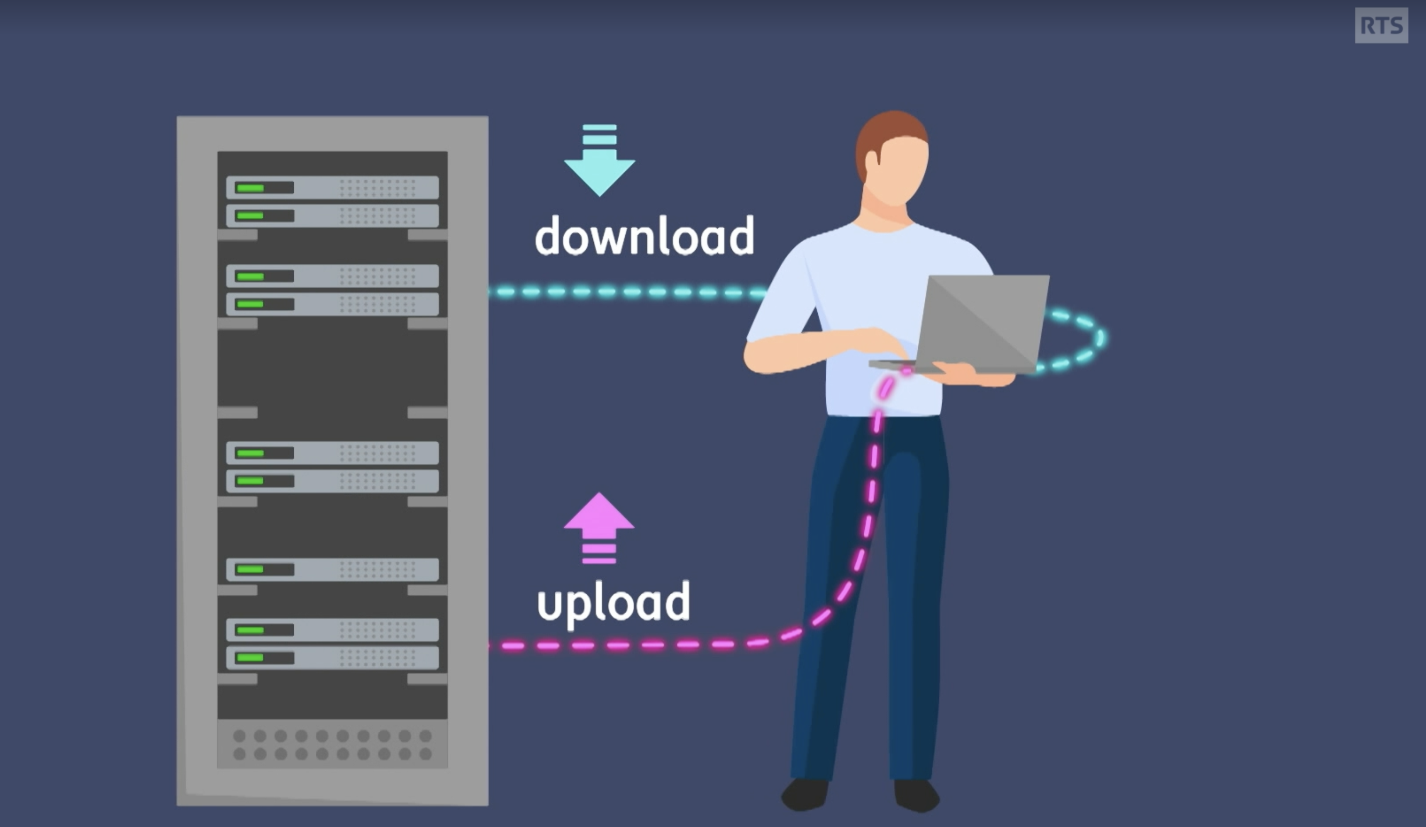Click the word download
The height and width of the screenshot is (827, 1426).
click(644, 235)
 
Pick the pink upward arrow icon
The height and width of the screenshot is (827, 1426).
click(599, 528)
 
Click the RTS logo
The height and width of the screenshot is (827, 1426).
click(1381, 25)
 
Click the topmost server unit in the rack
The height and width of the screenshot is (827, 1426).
click(332, 187)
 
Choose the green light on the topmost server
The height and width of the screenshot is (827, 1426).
click(250, 188)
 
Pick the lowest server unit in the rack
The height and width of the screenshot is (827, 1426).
click(332, 658)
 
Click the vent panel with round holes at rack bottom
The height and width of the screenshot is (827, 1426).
click(332, 744)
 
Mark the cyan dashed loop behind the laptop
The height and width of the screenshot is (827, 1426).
click(1075, 339)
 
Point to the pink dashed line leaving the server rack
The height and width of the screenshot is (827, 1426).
click(645, 645)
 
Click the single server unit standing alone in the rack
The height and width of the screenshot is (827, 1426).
click(332, 569)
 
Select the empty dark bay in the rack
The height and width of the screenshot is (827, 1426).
click(332, 368)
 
